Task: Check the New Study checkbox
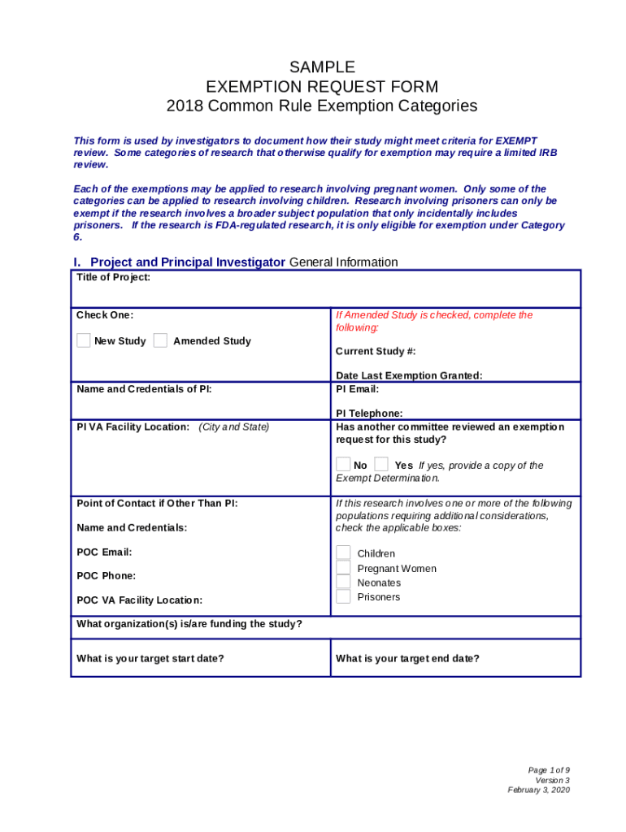tap(84, 340)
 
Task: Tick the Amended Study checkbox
tap(160, 340)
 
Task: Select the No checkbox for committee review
tap(343, 465)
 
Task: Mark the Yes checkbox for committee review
tap(381, 465)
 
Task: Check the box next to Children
tap(343, 553)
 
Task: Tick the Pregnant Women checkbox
tap(343, 568)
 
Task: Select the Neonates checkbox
tap(343, 583)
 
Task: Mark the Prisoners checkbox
tap(343, 597)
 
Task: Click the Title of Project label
tap(113, 277)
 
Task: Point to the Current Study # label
tap(376, 351)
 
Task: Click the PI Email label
tap(358, 388)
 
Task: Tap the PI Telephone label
tap(369, 414)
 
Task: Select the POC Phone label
tap(107, 575)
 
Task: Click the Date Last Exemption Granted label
tap(409, 375)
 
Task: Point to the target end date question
tap(407, 658)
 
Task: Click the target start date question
tap(150, 658)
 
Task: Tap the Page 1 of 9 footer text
tap(549, 769)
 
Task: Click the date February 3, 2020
tap(539, 790)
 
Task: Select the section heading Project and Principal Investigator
tap(187, 262)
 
